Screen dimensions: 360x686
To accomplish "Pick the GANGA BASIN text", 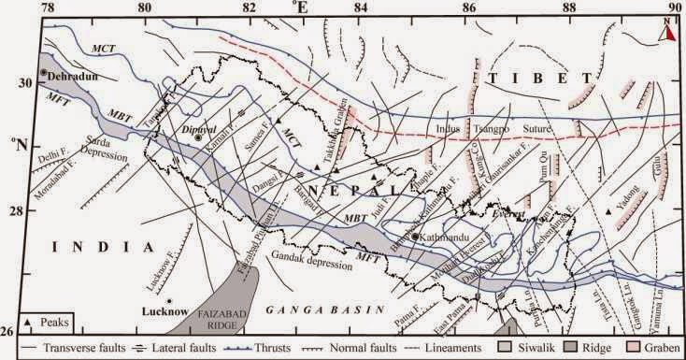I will click(307, 308).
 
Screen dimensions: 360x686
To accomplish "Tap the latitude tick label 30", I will click(26, 82).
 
